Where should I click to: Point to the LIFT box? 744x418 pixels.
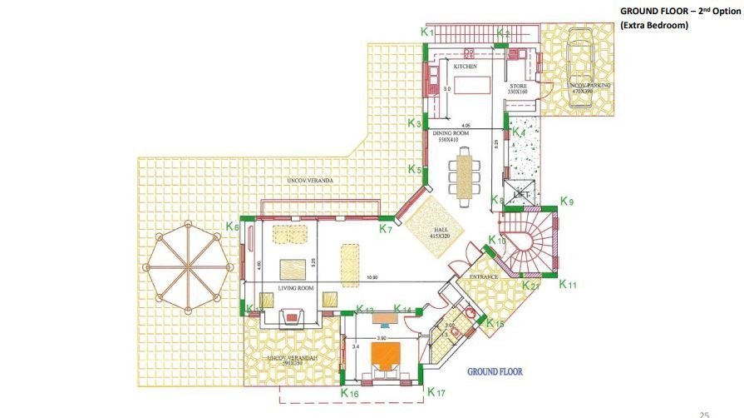point(522,193)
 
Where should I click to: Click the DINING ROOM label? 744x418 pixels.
point(449,134)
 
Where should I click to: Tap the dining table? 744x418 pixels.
point(464,175)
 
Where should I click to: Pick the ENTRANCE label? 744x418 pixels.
point(484,276)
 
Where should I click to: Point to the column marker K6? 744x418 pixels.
point(233,226)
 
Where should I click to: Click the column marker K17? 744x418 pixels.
point(436,391)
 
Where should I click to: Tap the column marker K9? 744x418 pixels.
point(567,201)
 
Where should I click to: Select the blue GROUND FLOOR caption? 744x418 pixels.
point(495,372)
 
